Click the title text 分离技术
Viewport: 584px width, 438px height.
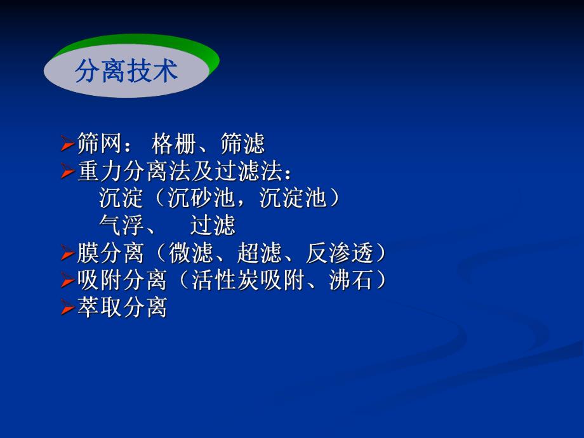[126, 72]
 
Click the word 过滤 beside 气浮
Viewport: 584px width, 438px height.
[213, 226]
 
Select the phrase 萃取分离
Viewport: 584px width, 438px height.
[122, 308]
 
